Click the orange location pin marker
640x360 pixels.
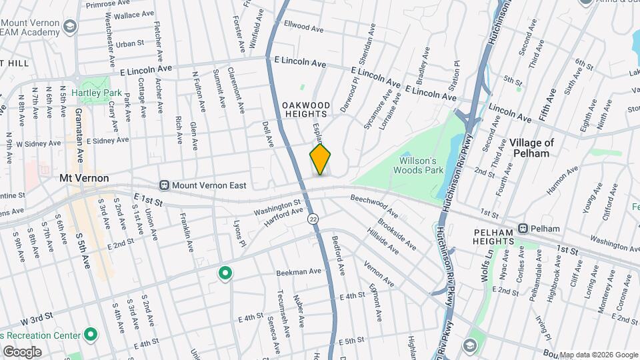[320, 160]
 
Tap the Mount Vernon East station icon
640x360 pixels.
[163, 185]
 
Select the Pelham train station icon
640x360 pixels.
[524, 228]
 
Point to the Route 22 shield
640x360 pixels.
[312, 219]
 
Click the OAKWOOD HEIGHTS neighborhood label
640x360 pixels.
[306, 110]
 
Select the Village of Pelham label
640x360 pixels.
[531, 147]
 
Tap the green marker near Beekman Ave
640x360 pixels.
[225, 273]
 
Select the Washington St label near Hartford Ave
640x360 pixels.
[277, 207]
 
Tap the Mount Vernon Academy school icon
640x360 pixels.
[71, 27]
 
